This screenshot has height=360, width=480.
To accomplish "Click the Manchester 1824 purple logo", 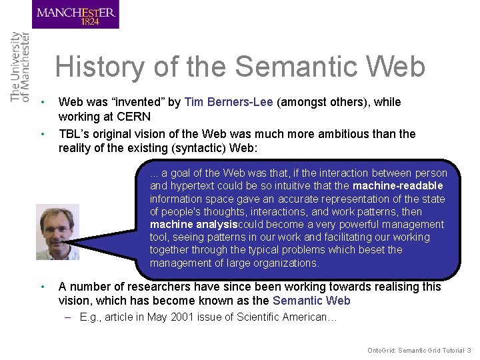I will (75, 15).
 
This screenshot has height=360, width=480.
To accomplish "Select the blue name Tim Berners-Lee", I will (229, 102).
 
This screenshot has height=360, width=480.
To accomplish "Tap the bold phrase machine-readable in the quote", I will (397, 186).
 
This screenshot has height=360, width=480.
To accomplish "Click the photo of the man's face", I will (57, 231).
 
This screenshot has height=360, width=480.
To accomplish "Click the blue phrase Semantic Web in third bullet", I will (311, 301).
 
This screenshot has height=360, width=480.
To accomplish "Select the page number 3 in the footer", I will (469, 350).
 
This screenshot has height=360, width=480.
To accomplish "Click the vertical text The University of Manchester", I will (20, 67).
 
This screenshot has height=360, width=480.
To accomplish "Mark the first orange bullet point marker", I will (42, 102).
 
